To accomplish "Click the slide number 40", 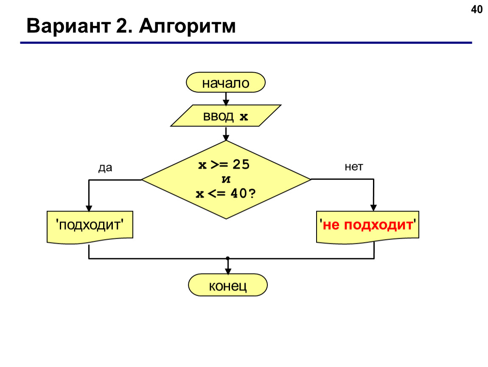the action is (477, 10).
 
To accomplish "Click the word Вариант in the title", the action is (69, 26).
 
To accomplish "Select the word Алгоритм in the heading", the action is (188, 26).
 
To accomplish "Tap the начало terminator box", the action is (226, 82).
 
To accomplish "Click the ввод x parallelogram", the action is (226, 116).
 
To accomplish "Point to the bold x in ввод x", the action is (244, 117).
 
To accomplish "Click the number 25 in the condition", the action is (241, 164).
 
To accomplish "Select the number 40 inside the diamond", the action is (239, 193).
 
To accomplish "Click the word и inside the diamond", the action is (226, 179).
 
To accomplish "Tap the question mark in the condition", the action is (252, 193).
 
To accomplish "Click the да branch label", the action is (105, 168).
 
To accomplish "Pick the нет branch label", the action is (353, 167).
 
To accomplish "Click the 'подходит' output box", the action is (90, 227).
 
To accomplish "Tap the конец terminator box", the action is (228, 285).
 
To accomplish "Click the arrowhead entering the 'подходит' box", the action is (89, 209).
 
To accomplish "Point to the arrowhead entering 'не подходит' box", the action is (373, 208).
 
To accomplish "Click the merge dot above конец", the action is (228, 258).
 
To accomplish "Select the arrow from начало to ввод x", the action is (226, 99).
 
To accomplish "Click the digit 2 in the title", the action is (121, 26).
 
